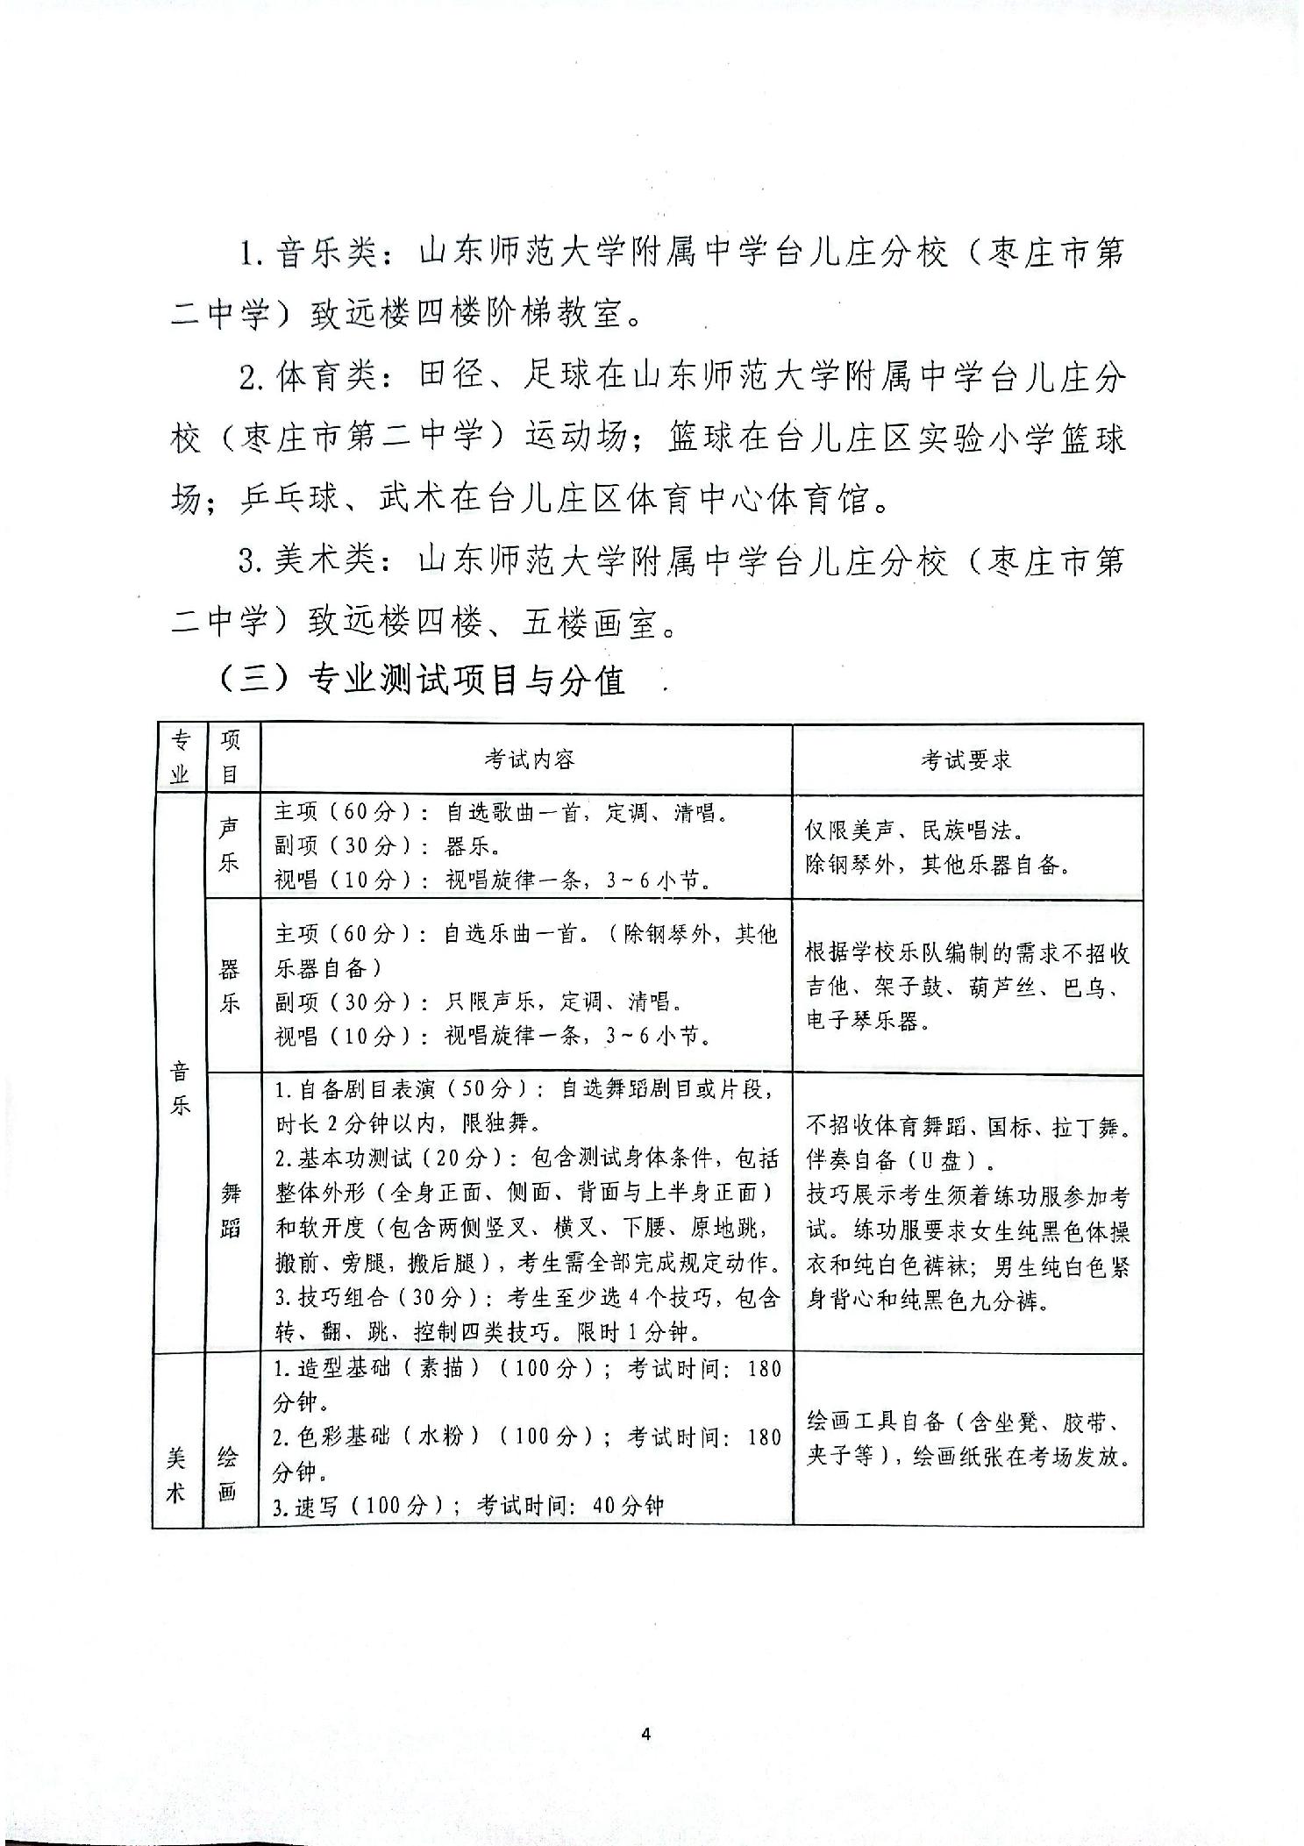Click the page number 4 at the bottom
coord(646,1734)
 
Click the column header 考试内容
coord(530,759)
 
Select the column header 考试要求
coord(966,759)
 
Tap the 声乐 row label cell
coord(230,845)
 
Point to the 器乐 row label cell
coord(230,986)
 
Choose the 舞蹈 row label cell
coord(230,1210)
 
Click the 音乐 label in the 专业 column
coord(180,1087)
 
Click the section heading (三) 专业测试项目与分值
coord(422,681)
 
